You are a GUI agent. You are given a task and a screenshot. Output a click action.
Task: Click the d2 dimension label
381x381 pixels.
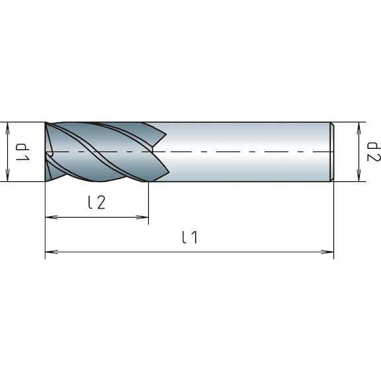pos(374,152)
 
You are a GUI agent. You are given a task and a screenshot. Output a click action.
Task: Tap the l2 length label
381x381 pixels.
pos(97,203)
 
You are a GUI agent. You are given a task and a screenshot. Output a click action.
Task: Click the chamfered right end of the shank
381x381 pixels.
pos(332,151)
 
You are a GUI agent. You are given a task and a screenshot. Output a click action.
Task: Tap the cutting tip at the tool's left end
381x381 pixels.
pos(47,152)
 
